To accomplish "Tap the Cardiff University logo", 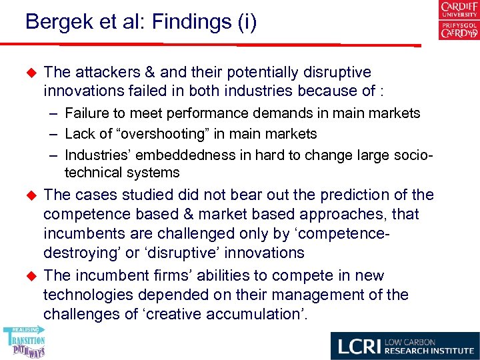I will pos(458,21).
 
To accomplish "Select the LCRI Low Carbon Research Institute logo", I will pos(405,345).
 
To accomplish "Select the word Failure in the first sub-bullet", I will pos(87,113).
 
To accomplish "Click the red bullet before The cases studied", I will pos(29,195).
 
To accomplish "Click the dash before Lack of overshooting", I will pos(53,133).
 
